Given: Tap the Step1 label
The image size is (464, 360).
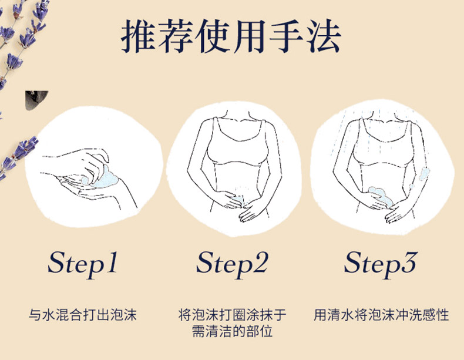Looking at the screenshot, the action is pyautogui.click(x=83, y=264).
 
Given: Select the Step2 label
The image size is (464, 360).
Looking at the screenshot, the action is pyautogui.click(x=232, y=264).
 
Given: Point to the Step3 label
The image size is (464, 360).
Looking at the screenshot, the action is pyautogui.click(x=381, y=264).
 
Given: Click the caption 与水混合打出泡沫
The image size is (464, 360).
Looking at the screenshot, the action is pyautogui.click(x=83, y=315).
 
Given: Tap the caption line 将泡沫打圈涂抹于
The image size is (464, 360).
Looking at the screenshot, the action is pyautogui.click(x=233, y=315).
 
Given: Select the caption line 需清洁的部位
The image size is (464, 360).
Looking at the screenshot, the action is pyautogui.click(x=233, y=331).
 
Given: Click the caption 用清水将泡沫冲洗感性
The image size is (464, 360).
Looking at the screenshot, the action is pyautogui.click(x=381, y=315).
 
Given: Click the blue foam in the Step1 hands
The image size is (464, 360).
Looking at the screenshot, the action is pyautogui.click(x=103, y=177).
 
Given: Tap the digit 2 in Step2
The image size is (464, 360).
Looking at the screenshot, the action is pyautogui.click(x=259, y=262).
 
